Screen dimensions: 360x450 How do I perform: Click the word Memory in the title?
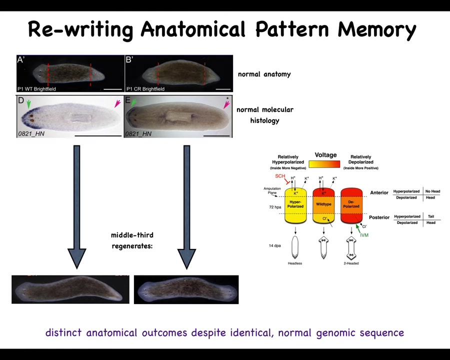376,29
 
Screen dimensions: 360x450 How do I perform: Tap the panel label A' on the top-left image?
21,60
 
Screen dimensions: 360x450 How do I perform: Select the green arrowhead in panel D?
28,104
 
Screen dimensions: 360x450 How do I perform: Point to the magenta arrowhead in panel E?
226,104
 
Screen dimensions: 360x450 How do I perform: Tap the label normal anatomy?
264,74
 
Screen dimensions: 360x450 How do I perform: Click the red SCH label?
280,176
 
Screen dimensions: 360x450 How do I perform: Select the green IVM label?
364,235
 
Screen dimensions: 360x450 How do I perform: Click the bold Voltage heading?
325,155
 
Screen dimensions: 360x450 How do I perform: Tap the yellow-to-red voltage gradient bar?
324,164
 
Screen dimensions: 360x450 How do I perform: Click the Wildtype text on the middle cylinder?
323,204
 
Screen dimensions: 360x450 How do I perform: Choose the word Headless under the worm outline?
295,263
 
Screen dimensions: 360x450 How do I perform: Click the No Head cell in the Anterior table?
432,191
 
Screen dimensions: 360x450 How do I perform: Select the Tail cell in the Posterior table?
431,216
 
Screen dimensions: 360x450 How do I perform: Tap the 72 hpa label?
275,207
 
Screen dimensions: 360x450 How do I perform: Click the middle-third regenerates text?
132,240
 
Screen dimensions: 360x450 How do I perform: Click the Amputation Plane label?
272,190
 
